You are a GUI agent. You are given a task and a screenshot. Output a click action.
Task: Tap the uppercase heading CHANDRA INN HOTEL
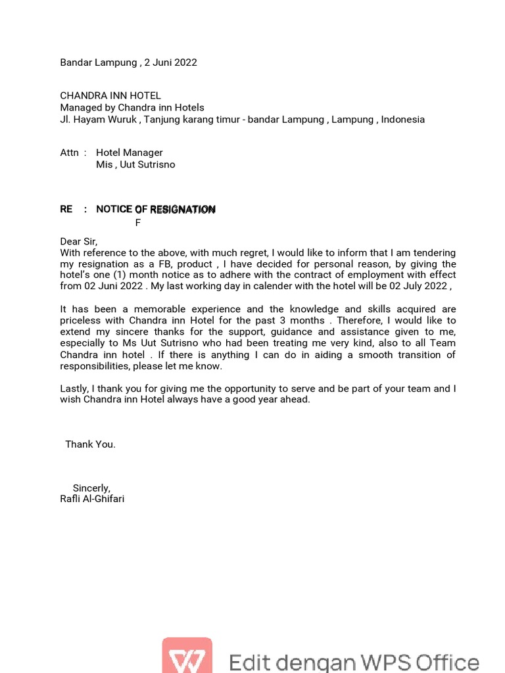pyautogui.click(x=110, y=96)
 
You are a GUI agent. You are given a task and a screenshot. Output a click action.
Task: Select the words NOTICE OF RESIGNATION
pyautogui.click(x=156, y=210)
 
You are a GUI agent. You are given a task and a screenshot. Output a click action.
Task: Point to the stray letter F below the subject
pyautogui.click(x=138, y=223)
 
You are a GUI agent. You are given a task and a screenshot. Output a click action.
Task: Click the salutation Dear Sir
pyautogui.click(x=79, y=242)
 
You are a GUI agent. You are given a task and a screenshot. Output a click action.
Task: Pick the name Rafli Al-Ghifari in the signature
pyautogui.click(x=92, y=499)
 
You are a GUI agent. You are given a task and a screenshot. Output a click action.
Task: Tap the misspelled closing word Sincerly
pyautogui.click(x=91, y=488)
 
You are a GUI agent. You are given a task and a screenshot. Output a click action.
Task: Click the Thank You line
pyautogui.click(x=90, y=444)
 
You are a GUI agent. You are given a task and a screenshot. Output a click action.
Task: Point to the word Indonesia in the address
pyautogui.click(x=402, y=120)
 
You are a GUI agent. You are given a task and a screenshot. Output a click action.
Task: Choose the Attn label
pyautogui.click(x=69, y=152)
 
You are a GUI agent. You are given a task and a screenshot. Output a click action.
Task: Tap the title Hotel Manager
pyautogui.click(x=130, y=152)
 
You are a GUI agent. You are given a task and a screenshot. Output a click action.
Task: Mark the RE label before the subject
pyautogui.click(x=66, y=210)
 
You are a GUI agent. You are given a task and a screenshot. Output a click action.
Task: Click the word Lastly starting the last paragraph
pyautogui.click(x=74, y=389)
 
